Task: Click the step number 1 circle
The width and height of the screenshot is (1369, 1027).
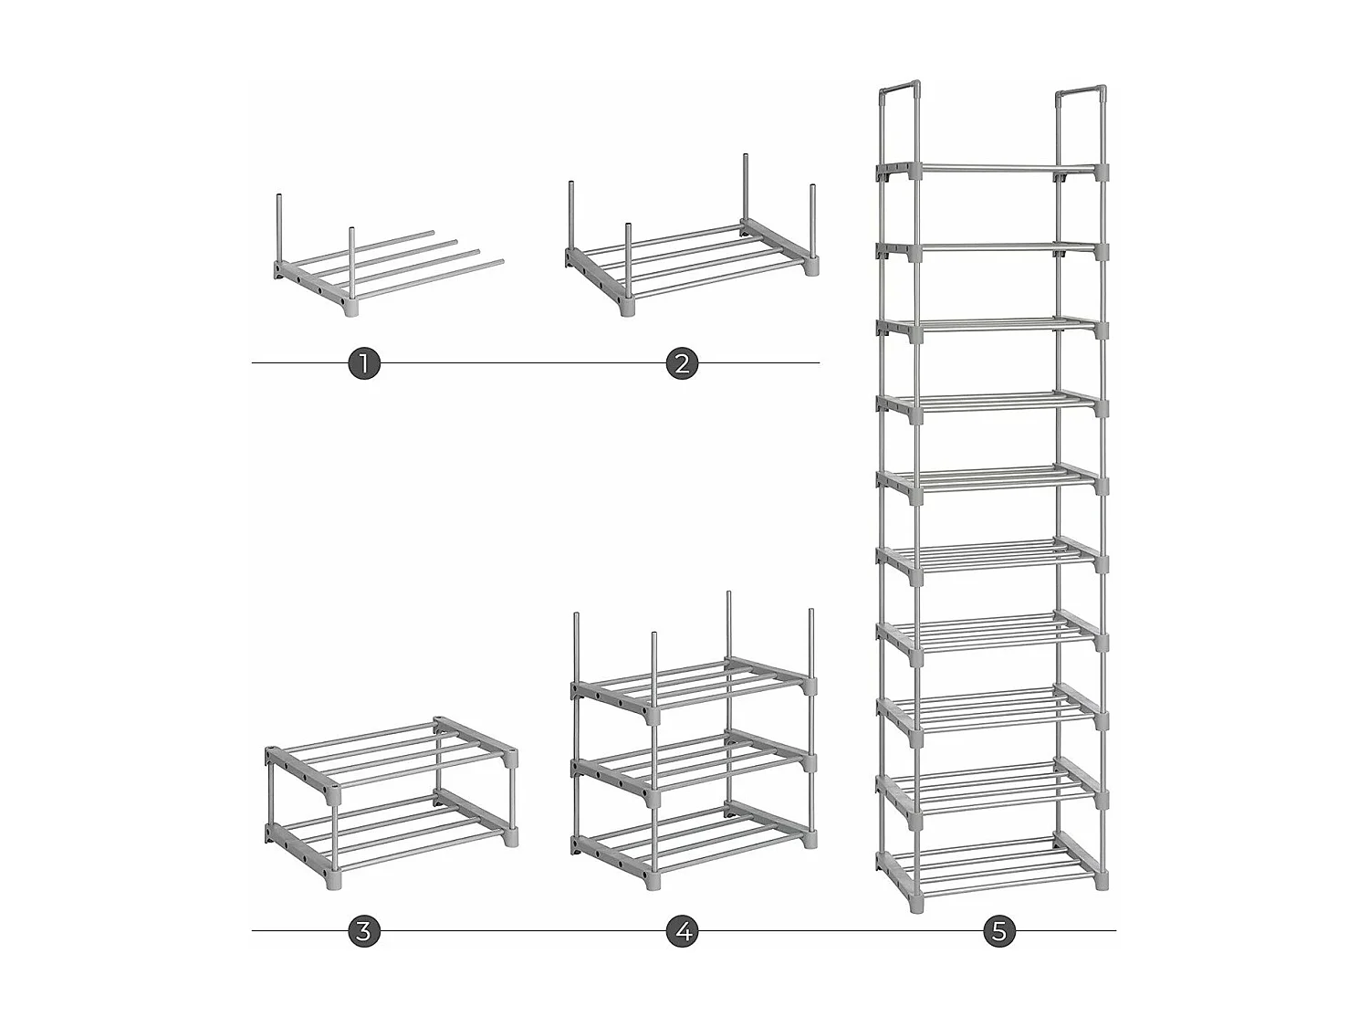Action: (x=363, y=363)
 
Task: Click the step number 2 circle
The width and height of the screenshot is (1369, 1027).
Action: (x=682, y=363)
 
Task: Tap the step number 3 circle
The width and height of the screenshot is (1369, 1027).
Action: (x=363, y=931)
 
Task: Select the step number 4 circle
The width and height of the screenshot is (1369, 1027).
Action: (x=682, y=931)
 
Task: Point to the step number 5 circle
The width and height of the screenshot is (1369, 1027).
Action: (x=999, y=931)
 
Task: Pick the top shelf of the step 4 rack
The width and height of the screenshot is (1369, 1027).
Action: (x=694, y=680)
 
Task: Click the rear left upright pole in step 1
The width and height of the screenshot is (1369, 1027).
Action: (x=277, y=228)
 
